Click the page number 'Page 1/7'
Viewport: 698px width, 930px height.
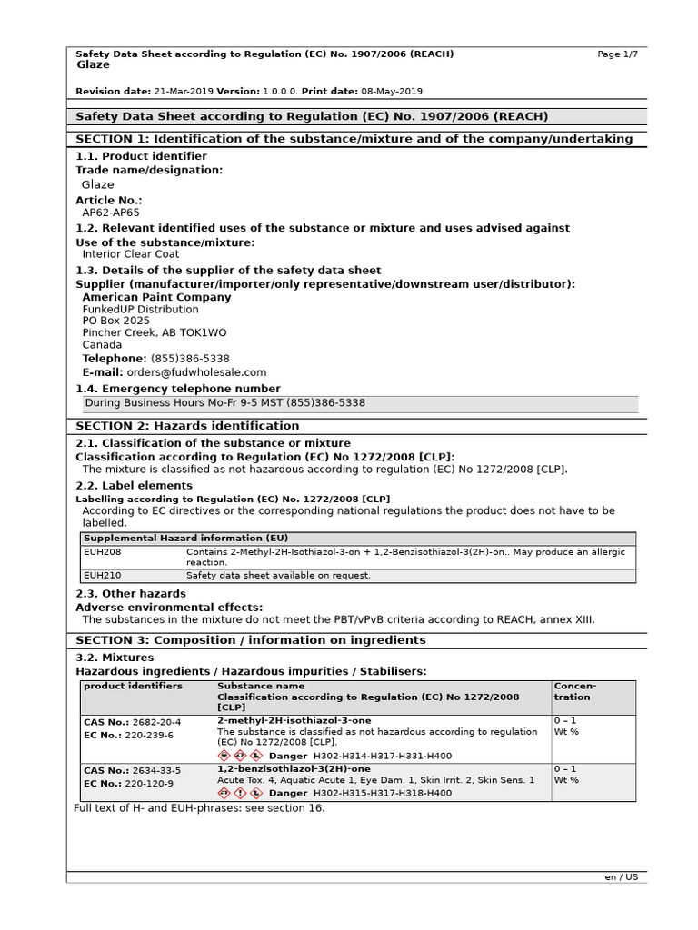tap(617, 54)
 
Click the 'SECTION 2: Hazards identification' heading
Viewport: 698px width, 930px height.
tap(187, 426)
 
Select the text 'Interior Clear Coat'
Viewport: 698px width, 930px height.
tap(131, 254)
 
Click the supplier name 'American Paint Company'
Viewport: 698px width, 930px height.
tap(156, 297)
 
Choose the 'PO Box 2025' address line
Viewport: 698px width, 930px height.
tap(116, 321)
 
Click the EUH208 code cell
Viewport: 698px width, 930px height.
tap(102, 551)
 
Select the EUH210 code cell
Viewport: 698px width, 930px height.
tap(102, 576)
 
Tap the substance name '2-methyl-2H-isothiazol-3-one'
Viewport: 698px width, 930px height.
tap(294, 720)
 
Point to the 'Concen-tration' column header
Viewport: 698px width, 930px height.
tap(575, 691)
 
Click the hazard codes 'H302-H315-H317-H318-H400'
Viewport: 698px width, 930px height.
tap(382, 793)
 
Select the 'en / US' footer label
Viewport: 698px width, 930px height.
tap(622, 877)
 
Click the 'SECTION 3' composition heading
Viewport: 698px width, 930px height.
tap(250, 640)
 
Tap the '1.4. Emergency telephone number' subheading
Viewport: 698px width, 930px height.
tap(178, 389)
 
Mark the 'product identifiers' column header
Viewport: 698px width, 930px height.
tap(133, 686)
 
